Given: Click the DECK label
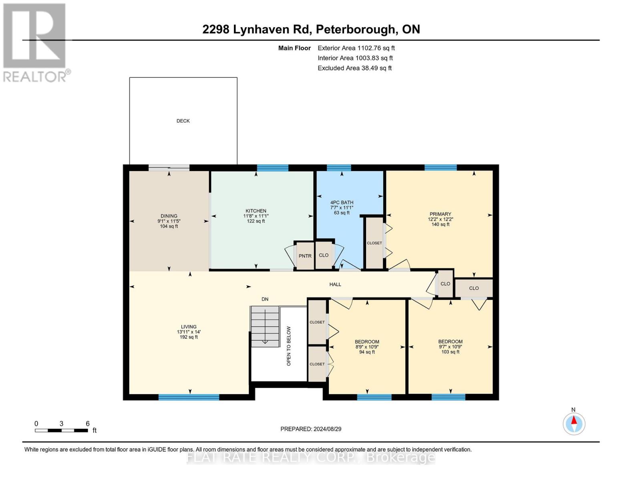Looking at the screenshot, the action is point(183,121).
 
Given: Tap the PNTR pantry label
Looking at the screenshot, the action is point(305,256).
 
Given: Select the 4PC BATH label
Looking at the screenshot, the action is point(342,202).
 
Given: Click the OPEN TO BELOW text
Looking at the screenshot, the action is point(288,346).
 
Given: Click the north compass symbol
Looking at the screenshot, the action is point(574,423).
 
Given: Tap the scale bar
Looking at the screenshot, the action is point(62,430).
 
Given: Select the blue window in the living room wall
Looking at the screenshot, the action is point(189,397).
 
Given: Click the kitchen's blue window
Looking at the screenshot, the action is point(272,168).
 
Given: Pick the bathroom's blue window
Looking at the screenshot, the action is point(338,168).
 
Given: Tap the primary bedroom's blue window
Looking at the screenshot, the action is point(441,168).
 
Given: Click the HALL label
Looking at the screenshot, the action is point(335,285).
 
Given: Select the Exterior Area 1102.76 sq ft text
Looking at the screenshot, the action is point(356,48).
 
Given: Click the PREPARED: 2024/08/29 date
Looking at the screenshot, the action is point(311,429).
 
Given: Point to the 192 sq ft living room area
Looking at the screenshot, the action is point(189,337).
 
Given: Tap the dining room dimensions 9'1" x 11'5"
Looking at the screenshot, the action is point(169,221).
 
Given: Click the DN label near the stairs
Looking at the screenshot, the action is point(265,299).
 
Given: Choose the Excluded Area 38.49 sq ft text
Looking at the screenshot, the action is point(354,68).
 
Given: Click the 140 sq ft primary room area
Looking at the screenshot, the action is point(441,224).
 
